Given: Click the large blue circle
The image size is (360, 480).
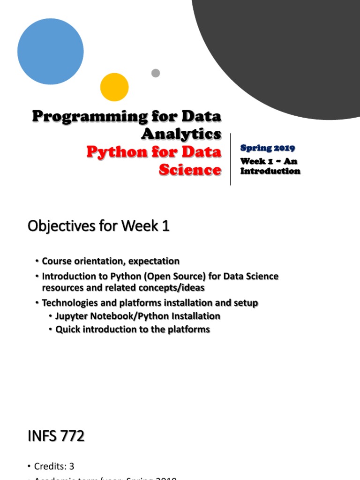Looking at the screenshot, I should [x=51, y=52].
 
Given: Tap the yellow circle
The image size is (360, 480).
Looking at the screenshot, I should [x=114, y=87].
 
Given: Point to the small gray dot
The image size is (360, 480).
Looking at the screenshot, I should [x=156, y=73].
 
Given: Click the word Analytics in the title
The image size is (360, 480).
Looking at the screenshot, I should [x=181, y=134].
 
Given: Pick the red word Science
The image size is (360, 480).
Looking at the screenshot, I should [x=190, y=169].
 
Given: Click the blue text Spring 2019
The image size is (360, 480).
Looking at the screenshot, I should [x=268, y=148].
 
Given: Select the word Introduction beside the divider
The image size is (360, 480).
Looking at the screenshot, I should [x=270, y=171].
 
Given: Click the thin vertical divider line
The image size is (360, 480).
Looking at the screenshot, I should [x=230, y=159].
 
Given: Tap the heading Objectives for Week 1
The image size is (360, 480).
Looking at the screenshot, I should [x=98, y=226].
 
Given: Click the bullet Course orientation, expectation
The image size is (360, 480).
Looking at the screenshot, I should [x=111, y=261].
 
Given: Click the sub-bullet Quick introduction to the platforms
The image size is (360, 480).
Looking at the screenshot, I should [x=133, y=330].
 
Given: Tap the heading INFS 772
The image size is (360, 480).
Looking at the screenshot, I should [x=56, y=436].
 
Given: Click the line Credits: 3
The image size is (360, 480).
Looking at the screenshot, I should [x=54, y=466].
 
